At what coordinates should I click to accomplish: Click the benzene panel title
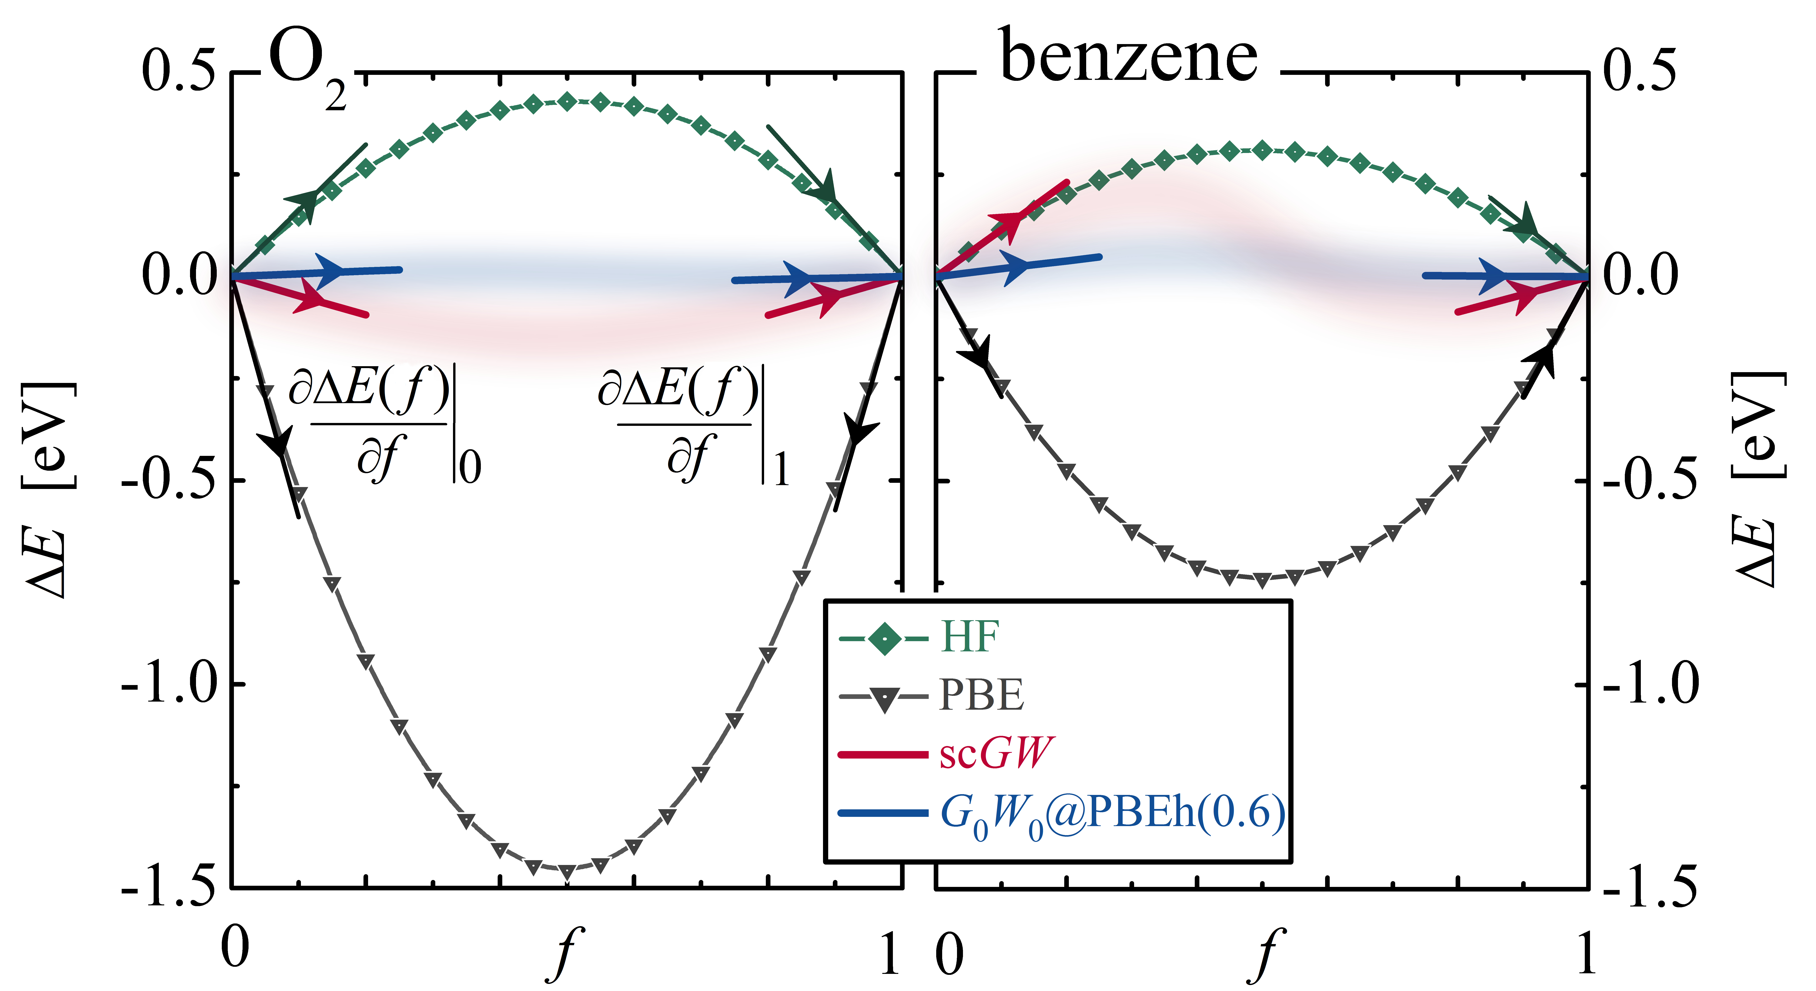tap(1128, 56)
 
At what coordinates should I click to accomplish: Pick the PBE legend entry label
tap(981, 696)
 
